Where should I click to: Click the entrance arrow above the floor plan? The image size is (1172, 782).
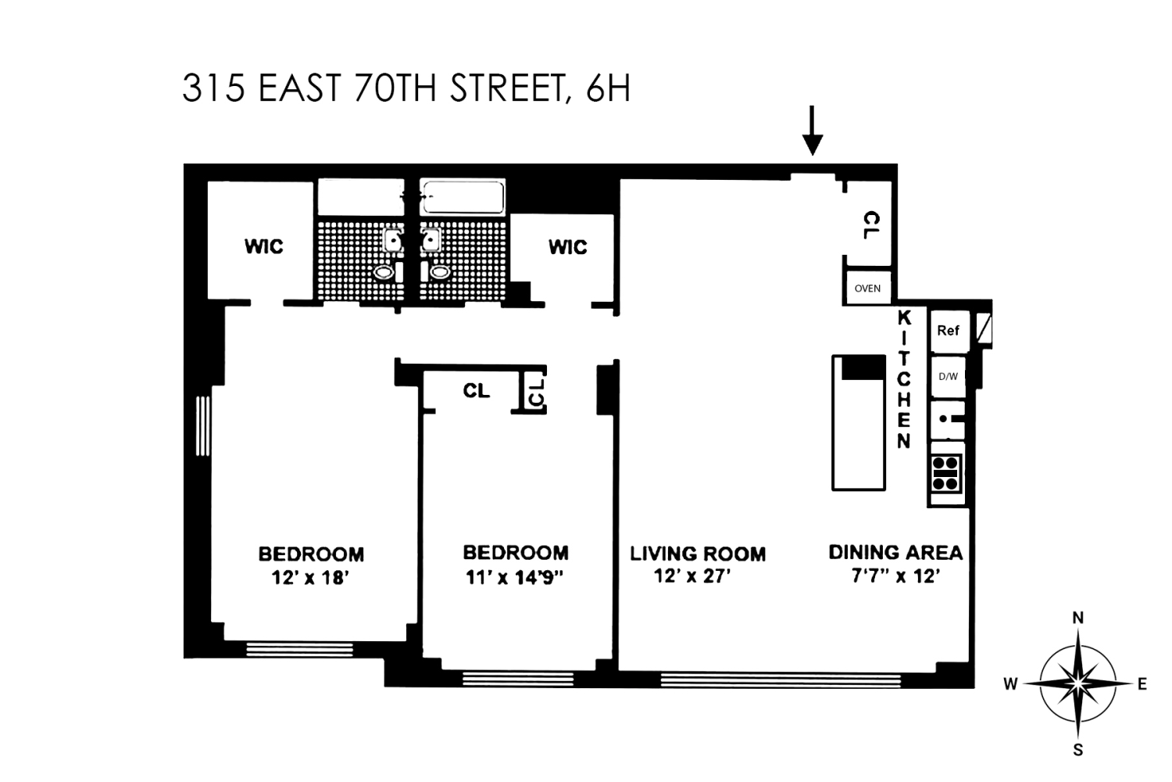point(813,131)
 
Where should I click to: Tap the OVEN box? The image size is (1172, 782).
point(867,288)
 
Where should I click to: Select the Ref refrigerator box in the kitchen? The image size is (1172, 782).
point(948,330)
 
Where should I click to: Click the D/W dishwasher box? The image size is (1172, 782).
point(948,376)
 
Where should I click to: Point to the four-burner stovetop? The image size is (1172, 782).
point(946,472)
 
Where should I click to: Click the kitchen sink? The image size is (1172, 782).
point(948,419)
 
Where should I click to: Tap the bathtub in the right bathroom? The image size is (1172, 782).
point(462,197)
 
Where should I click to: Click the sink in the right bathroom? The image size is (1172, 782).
point(431,239)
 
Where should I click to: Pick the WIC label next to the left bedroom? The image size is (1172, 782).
point(263,247)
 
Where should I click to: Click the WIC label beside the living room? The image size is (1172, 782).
point(567,247)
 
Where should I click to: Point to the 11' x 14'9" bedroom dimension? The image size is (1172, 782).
point(515,577)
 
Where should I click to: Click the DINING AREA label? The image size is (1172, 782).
point(895,553)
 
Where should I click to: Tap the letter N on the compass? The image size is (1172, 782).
point(1077,618)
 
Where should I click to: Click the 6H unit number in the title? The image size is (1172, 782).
point(607,89)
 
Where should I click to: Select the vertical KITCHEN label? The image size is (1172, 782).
point(904,380)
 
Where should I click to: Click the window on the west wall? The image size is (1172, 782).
point(202,425)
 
